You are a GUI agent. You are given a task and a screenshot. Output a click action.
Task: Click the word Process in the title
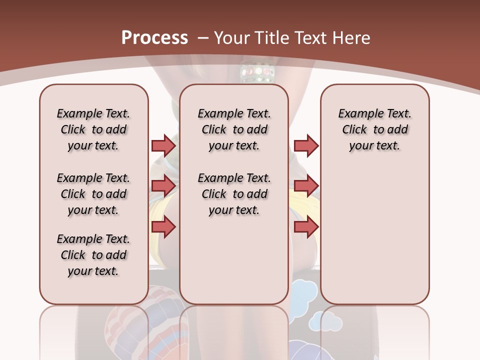click(155, 38)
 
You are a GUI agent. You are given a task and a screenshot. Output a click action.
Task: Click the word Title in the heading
click(272, 38)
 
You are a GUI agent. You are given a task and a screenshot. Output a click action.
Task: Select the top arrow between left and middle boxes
click(163, 145)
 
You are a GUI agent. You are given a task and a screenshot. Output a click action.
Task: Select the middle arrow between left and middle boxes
click(163, 186)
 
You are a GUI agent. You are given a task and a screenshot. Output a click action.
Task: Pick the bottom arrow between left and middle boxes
click(163, 227)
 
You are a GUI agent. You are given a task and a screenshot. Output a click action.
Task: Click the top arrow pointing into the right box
click(306, 145)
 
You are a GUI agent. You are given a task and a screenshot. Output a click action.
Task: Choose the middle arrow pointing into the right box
click(306, 186)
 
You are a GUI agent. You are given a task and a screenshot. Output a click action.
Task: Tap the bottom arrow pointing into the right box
click(306, 227)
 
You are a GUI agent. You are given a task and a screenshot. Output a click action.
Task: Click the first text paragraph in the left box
click(93, 129)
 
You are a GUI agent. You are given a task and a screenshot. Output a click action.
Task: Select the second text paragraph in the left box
click(93, 194)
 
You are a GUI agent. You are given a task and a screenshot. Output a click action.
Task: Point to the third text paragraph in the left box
click(93, 255)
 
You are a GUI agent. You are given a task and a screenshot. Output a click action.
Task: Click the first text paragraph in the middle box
click(234, 129)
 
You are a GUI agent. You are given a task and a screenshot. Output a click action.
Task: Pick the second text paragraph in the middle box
click(234, 194)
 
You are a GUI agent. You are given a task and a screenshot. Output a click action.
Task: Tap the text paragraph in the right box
click(374, 129)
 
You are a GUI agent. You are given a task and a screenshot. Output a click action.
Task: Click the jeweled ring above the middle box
click(257, 70)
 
